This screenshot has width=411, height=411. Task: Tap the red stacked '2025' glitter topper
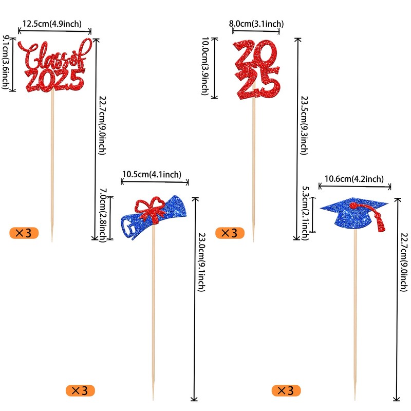coord(256,69)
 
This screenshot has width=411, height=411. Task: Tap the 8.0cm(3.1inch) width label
coord(256,23)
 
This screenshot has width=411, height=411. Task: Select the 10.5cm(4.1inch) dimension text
coord(152,175)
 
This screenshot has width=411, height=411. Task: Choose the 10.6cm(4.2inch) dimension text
coord(354,179)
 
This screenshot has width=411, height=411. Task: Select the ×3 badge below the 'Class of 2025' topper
coord(24,233)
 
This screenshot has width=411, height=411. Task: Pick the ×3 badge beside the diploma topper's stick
coord(81,390)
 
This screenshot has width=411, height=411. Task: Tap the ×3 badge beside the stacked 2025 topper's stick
coord(229,233)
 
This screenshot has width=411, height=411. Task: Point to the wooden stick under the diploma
coord(153,319)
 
